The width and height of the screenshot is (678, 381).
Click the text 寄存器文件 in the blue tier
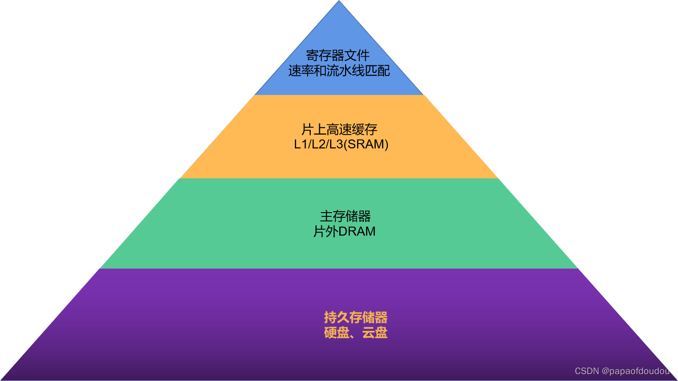339,55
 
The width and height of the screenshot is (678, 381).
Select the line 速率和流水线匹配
339,71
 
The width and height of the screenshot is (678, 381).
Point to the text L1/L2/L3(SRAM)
341,145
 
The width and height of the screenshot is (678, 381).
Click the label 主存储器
345,216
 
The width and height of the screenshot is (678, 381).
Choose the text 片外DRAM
345,231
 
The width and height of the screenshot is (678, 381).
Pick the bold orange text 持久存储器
356,318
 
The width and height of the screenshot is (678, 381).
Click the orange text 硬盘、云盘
356,333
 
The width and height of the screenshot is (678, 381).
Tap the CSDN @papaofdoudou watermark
622,371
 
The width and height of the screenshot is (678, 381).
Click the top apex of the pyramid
339,2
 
